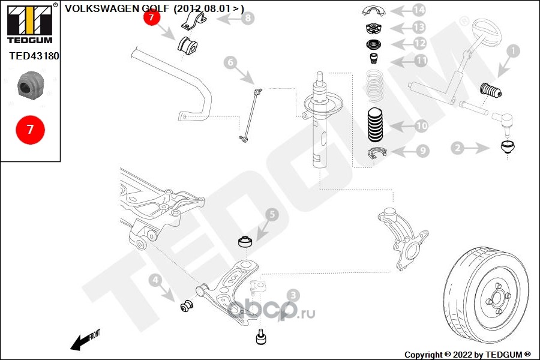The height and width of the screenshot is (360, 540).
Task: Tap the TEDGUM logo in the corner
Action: [29, 23]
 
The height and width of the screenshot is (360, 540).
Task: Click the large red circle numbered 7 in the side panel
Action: [29, 129]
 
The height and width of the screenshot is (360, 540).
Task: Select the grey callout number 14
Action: [418, 10]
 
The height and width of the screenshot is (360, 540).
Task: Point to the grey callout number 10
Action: [421, 126]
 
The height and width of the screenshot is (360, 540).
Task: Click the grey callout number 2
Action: [458, 147]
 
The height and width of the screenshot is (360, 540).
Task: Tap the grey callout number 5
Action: [271, 214]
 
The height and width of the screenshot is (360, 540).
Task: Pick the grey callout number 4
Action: [155, 279]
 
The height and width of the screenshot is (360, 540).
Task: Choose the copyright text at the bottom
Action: [467, 354]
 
